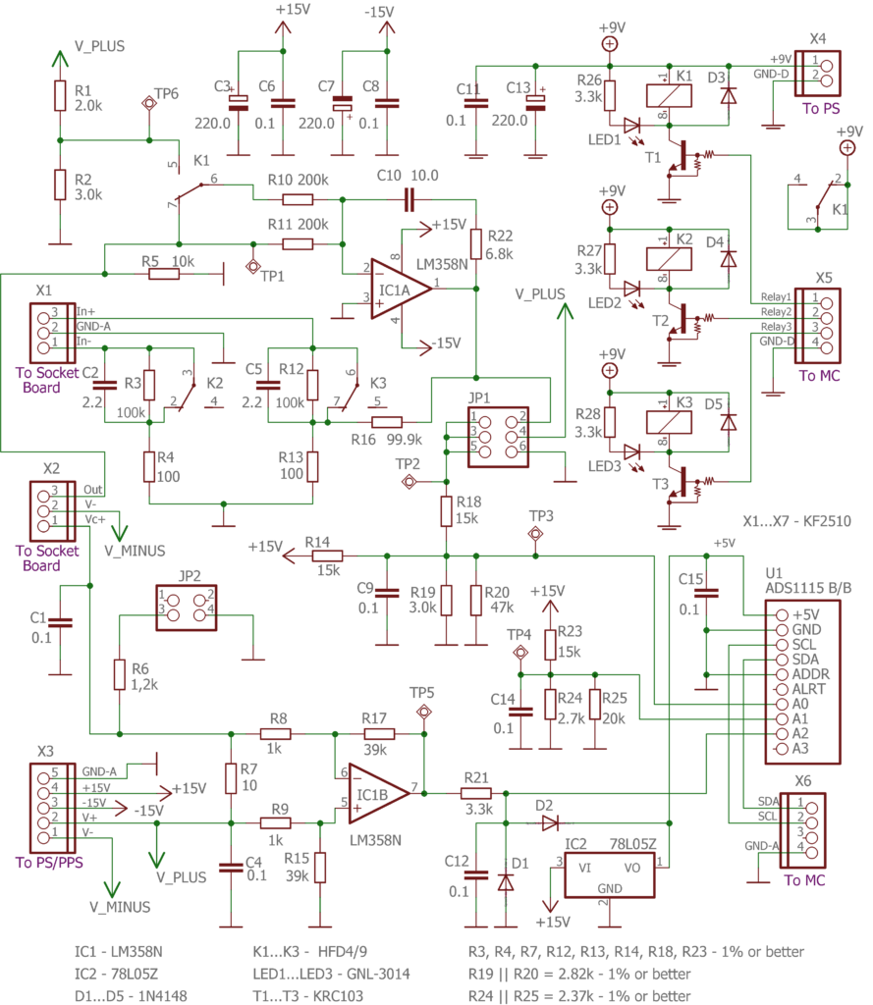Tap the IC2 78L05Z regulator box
coord(610,874)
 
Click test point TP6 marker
coord(149,102)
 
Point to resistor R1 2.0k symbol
coord(60,95)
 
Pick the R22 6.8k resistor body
coord(476,243)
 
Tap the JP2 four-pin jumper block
coord(186,608)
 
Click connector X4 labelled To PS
coord(817,74)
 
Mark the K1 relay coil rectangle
coord(669,96)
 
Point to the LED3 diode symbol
coord(631,451)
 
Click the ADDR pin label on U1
coord(811,674)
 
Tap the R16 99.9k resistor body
coord(387,422)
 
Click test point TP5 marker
coord(424,712)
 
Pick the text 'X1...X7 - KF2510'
coord(796,521)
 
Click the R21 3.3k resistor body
coord(476,793)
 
